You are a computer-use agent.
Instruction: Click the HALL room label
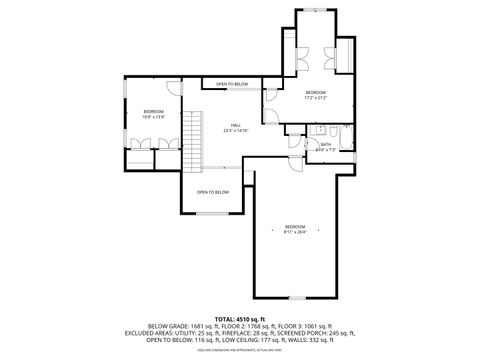coord(236,125)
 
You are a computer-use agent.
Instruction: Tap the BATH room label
coord(326,144)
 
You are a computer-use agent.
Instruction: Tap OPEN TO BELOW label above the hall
coord(232,84)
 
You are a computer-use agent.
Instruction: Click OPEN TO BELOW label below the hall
coord(212,192)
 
